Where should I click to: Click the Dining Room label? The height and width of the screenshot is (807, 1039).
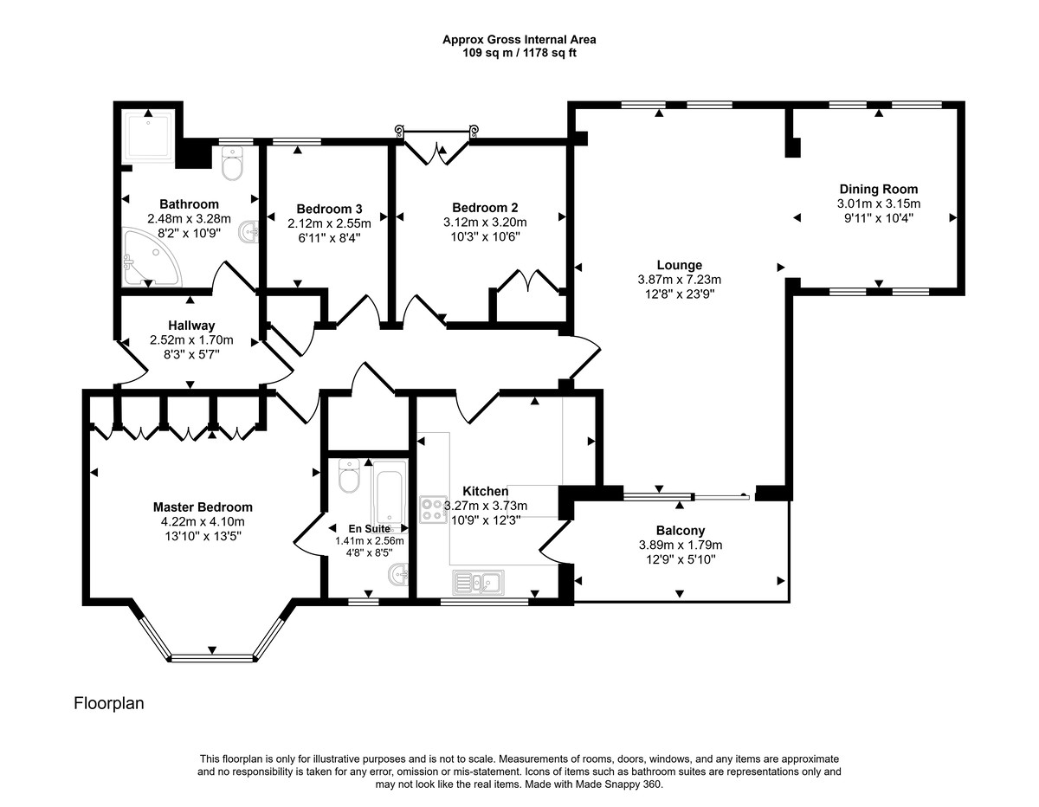[878, 189]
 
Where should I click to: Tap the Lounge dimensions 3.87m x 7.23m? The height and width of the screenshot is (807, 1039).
[679, 279]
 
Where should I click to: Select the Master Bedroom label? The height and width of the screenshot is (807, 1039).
[203, 507]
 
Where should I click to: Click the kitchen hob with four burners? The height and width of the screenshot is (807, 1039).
[433, 508]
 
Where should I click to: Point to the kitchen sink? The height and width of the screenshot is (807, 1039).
[476, 580]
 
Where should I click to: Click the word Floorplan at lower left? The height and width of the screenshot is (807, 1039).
[109, 703]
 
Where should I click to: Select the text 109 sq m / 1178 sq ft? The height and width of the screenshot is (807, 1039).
[519, 52]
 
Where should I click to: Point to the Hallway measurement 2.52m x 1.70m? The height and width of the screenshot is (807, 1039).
[191, 339]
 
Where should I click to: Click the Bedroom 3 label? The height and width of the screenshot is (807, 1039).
[328, 209]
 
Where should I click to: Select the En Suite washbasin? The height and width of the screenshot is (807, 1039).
[399, 572]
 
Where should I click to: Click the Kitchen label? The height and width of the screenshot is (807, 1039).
[485, 491]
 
